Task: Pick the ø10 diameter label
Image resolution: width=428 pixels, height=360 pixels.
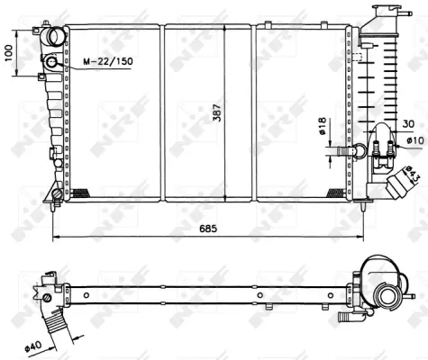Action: (414, 139)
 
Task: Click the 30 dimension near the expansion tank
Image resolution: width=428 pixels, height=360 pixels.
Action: (407, 123)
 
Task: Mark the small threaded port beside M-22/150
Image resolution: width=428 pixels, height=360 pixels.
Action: (51, 62)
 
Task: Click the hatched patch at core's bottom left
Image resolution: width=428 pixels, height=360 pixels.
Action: (80, 192)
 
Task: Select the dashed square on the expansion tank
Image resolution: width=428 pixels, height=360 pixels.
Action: (359, 55)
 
